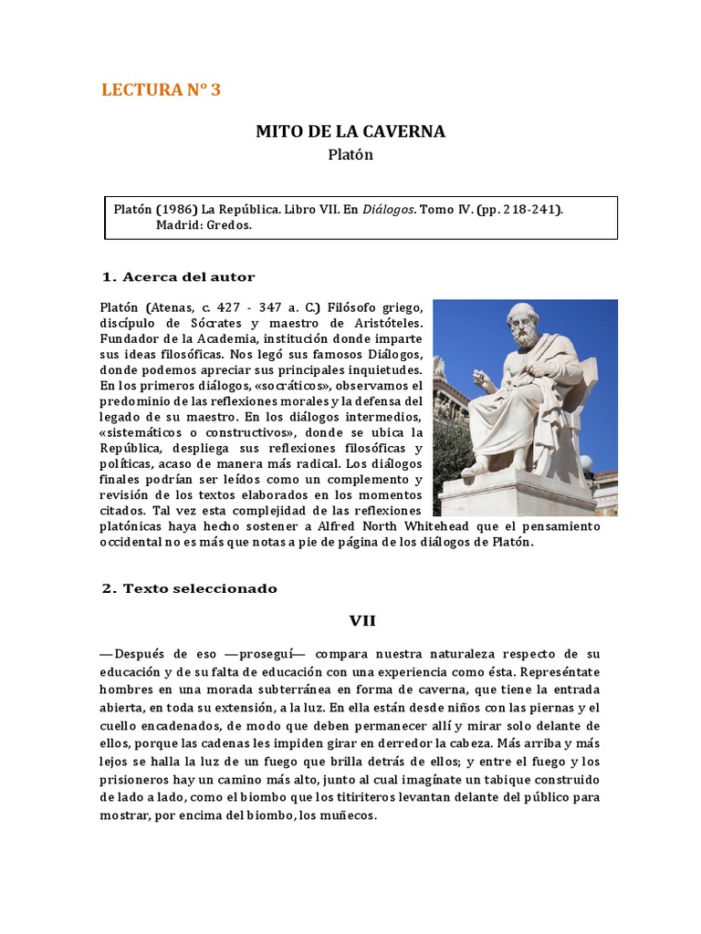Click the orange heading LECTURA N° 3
click(x=161, y=89)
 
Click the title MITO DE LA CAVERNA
click(x=350, y=131)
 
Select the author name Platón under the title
click(x=350, y=155)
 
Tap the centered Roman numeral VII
click(x=362, y=621)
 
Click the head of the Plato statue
click(x=523, y=324)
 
